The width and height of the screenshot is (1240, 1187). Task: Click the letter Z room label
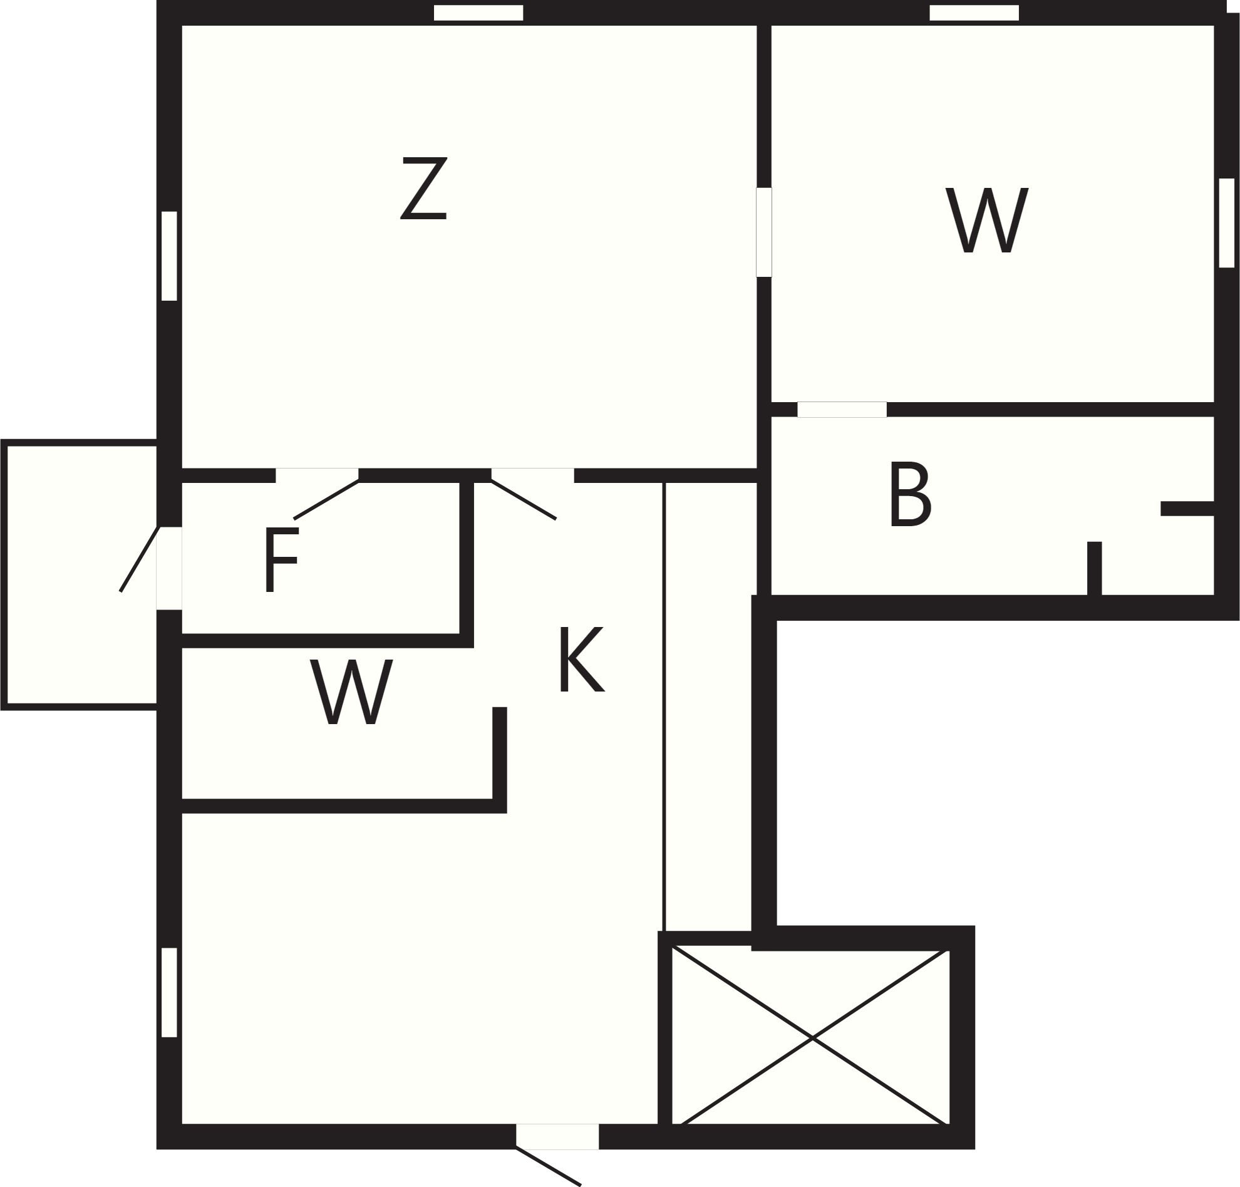pos(424,188)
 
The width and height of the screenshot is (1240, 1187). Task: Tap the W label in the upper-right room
pos(988,220)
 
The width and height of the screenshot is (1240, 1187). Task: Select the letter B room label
pos(911,494)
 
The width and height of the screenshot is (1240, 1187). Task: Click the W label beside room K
pos(352,692)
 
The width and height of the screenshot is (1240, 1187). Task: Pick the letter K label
pos(582,660)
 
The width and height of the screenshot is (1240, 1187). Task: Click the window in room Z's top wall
pos(478,13)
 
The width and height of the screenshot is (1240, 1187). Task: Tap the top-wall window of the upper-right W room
pos(974,13)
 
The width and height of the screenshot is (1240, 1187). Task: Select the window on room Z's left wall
pos(169,256)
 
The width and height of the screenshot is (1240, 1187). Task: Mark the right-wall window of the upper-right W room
pos(1226,223)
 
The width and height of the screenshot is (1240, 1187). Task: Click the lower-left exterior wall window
pos(169,992)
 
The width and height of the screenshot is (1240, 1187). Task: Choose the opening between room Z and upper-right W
pos(764,232)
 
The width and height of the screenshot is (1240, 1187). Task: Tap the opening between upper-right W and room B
pos(842,410)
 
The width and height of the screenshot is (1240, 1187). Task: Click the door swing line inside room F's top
pos(326,500)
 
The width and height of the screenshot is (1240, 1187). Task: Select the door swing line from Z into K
pos(523,500)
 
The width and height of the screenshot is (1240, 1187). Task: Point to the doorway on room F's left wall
pos(169,568)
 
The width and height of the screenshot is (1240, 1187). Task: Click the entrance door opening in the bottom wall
pos(557,1136)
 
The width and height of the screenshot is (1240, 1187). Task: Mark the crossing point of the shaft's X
pos(812,1038)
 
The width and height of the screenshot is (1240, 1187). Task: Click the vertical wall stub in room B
pos(1095,568)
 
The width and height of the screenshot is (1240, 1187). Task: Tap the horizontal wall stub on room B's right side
pos(1187,508)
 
